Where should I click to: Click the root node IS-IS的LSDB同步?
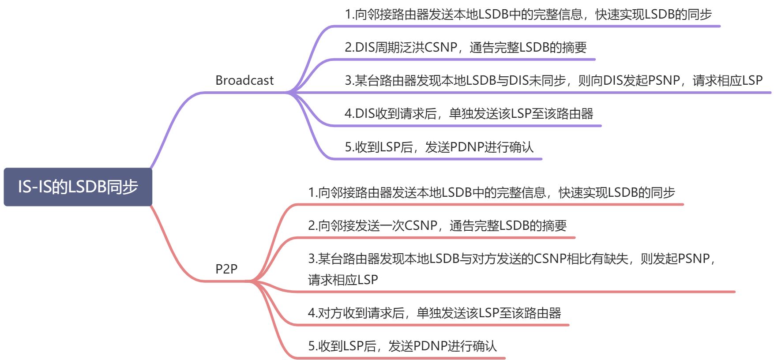[78, 187]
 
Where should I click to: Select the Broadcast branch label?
[244, 80]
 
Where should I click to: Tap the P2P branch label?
[226, 269]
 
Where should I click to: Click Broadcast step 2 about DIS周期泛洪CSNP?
[466, 47]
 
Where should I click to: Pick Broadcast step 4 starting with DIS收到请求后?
[469, 113]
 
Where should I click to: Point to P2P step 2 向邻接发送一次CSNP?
[437, 225]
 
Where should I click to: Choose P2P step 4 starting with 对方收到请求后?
[434, 313]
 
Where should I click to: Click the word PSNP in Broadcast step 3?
[664, 80]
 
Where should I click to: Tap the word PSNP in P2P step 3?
[693, 259]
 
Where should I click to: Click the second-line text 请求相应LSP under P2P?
[343, 280]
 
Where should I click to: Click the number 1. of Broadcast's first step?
[349, 15]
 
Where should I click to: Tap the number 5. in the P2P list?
[312, 346]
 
